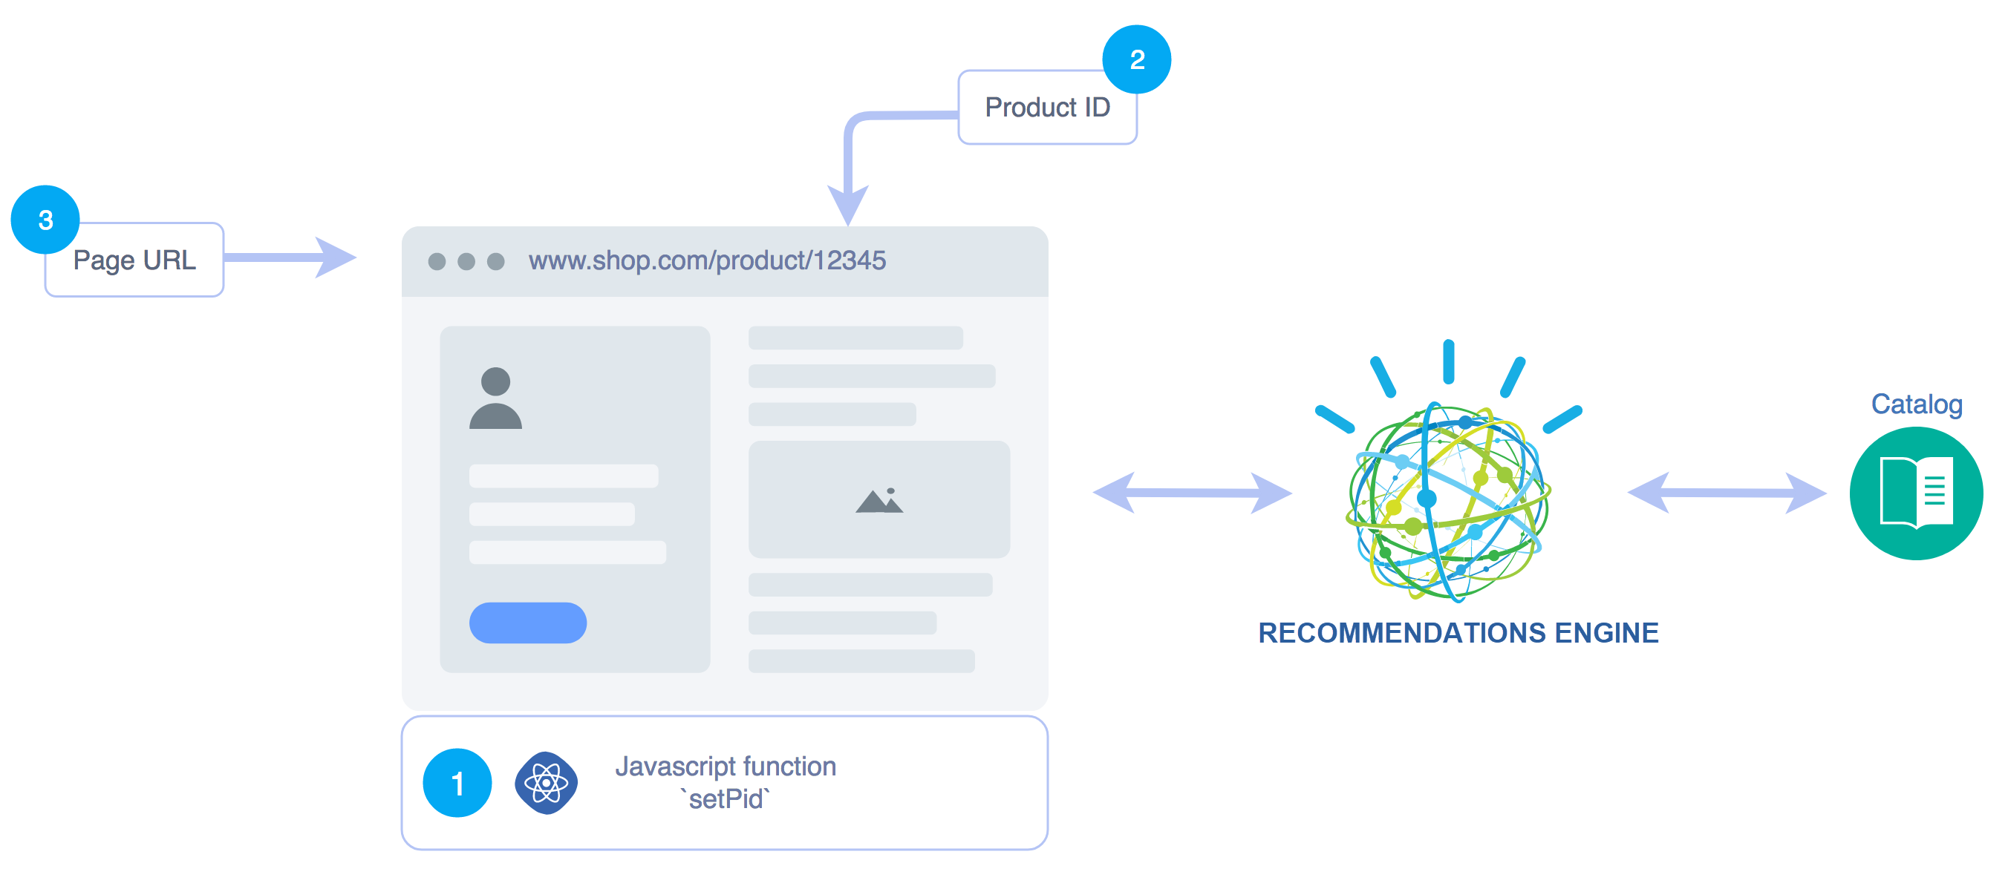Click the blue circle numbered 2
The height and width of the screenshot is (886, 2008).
tap(1135, 59)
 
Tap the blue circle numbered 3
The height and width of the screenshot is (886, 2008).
tap(45, 220)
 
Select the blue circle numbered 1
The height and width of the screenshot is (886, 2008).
tap(457, 782)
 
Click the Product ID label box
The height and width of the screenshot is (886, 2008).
tap(1046, 108)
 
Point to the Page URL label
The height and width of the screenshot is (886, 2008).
tap(134, 260)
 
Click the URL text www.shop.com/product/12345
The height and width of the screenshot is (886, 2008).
tap(706, 260)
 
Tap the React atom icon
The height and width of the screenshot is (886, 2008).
tap(546, 782)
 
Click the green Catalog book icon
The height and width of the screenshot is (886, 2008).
tap(1915, 493)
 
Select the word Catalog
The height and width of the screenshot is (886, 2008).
tap(1916, 404)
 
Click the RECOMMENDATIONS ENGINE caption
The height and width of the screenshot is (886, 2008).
tap(1458, 633)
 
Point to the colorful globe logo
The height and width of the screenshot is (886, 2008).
tap(1448, 499)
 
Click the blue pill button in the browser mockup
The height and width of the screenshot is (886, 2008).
tap(528, 623)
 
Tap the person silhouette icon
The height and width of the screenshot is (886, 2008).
tap(495, 398)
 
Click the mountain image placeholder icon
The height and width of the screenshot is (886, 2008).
tap(878, 500)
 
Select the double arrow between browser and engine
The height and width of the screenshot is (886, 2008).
tap(1192, 493)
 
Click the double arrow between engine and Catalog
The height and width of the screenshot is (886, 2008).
tap(1726, 493)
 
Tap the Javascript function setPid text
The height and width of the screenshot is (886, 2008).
tap(725, 782)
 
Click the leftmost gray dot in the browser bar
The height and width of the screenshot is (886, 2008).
tap(437, 261)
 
